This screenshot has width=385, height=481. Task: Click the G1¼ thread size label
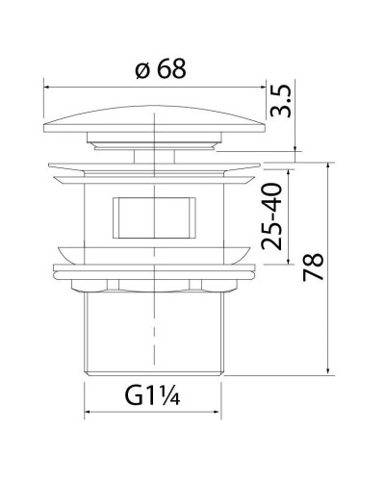tap(153, 396)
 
